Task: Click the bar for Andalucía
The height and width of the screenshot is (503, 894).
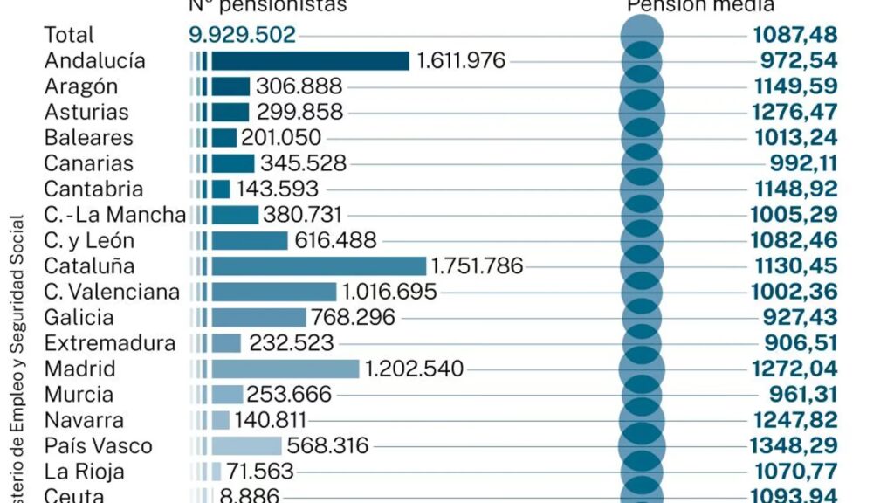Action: tap(310, 60)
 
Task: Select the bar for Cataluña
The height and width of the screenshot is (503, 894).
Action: tap(319, 265)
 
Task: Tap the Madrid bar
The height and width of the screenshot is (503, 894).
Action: tap(285, 369)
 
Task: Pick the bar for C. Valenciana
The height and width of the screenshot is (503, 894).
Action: tap(273, 292)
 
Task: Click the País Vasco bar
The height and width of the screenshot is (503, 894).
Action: tap(246, 445)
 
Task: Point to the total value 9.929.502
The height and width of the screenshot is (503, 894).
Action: tap(242, 35)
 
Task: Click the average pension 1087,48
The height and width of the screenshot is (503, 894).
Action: tap(794, 35)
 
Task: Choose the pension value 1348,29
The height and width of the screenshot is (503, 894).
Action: tap(794, 445)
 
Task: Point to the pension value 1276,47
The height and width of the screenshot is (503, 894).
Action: tap(794, 112)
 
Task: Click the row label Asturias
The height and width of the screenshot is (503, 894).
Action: tap(86, 112)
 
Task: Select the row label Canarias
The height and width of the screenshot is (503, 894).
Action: tap(88, 163)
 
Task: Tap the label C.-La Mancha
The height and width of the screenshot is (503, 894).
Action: tap(114, 215)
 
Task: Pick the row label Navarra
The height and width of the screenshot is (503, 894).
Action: tap(84, 420)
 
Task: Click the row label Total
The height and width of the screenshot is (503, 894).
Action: tap(68, 35)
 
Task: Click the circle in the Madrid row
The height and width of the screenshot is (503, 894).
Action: tap(642, 369)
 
